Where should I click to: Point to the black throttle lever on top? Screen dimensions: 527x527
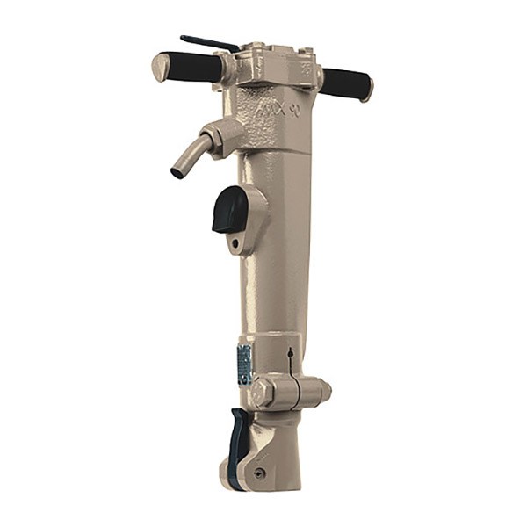click(209, 42)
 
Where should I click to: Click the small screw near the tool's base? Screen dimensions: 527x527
click(259, 473)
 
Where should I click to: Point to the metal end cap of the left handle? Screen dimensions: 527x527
click(161, 66)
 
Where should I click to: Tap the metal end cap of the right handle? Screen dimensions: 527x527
click(367, 89)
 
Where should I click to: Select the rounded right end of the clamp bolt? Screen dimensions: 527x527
click(324, 389)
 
